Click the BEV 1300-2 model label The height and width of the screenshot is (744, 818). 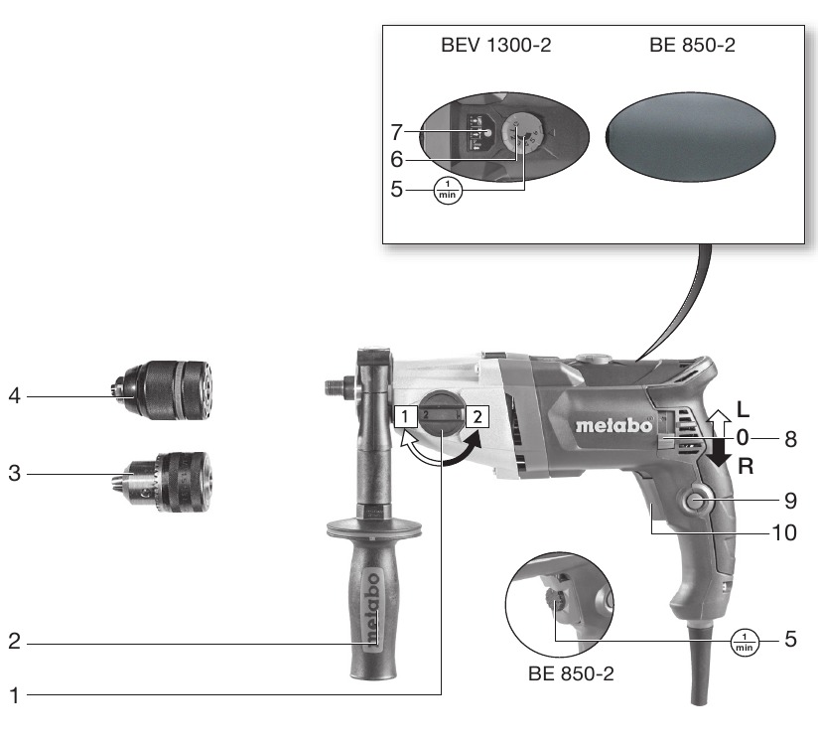pyautogui.click(x=495, y=45)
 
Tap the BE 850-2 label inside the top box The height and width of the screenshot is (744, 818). pyautogui.click(x=692, y=45)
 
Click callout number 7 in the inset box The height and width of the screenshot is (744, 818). pyautogui.click(x=396, y=132)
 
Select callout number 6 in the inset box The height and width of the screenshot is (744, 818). pyautogui.click(x=396, y=160)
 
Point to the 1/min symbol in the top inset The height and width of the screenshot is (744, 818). pyautogui.click(x=448, y=190)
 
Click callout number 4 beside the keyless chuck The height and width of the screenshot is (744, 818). pyautogui.click(x=14, y=395)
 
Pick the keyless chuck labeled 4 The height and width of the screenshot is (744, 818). pyautogui.click(x=162, y=389)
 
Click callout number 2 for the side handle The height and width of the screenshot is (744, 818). pyautogui.click(x=14, y=641)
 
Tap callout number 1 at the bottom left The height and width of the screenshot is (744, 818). pyautogui.click(x=14, y=695)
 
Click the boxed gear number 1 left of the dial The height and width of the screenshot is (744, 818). pyautogui.click(x=405, y=416)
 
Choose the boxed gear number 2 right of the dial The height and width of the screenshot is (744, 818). pyautogui.click(x=477, y=416)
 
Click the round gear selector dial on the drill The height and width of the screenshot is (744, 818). pyautogui.click(x=441, y=415)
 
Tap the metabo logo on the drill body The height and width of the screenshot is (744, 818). pyautogui.click(x=614, y=425)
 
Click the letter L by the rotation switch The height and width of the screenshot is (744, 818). pyautogui.click(x=743, y=409)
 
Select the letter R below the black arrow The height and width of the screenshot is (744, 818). pyautogui.click(x=746, y=466)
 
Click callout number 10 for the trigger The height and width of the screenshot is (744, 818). pyautogui.click(x=783, y=532)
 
